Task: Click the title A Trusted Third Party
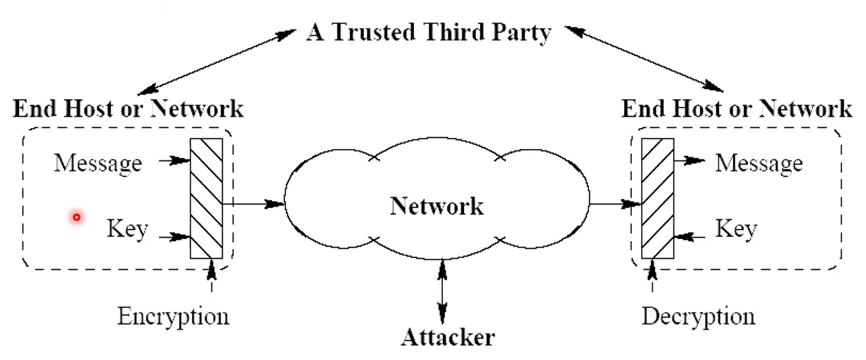click(x=428, y=33)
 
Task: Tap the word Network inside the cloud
click(x=437, y=206)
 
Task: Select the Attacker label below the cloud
click(x=448, y=337)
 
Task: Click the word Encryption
click(x=173, y=316)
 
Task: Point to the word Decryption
click(x=699, y=316)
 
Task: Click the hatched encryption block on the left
click(x=207, y=198)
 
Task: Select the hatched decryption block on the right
click(x=658, y=198)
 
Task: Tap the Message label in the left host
click(x=98, y=163)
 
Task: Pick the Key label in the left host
click(x=127, y=229)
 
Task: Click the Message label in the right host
click(x=758, y=163)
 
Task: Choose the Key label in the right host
click(x=736, y=229)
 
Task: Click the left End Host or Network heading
click(x=129, y=109)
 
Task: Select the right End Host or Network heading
click(x=737, y=109)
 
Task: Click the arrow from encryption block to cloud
click(x=253, y=204)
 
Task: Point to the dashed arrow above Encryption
click(x=211, y=276)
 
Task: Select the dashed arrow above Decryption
click(x=653, y=276)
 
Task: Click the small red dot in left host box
click(x=77, y=217)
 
